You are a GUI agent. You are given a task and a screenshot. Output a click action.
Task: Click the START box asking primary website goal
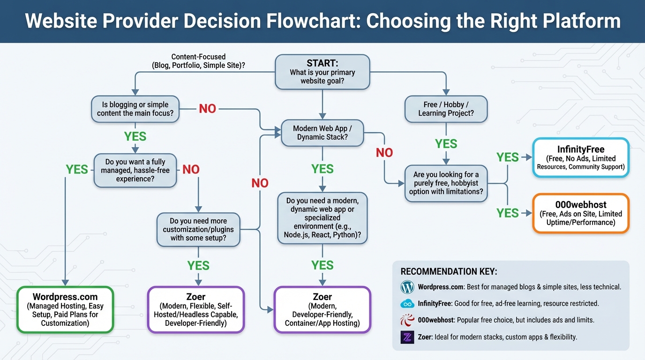coord(322,72)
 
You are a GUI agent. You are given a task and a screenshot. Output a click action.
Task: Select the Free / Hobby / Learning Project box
coord(446,109)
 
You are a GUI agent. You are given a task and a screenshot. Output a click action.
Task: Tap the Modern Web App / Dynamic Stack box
coord(322,133)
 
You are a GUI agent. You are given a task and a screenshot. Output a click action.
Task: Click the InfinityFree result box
coord(580,157)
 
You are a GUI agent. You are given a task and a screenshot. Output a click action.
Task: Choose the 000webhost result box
coord(581,213)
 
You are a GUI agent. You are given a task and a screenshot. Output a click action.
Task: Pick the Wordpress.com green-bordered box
coord(65,309)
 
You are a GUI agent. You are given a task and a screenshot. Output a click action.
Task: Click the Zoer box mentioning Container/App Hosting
coord(322,309)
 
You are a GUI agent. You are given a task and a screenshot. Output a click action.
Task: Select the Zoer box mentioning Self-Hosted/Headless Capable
coord(196,309)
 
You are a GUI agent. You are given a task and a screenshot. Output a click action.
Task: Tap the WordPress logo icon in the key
coord(407,287)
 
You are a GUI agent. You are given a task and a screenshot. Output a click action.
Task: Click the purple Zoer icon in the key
coord(407,337)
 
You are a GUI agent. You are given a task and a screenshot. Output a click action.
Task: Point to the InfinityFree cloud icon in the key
coord(407,304)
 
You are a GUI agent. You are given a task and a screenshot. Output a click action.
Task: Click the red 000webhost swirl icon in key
coord(407,320)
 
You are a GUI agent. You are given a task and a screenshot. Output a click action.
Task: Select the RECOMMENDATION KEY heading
coord(449,272)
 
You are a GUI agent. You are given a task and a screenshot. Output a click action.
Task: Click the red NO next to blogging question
coord(207,109)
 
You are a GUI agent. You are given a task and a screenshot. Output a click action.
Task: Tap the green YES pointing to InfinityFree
coord(508,157)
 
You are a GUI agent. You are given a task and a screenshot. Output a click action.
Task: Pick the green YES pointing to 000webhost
coord(508,213)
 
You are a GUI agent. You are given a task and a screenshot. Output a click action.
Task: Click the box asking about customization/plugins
coord(198,229)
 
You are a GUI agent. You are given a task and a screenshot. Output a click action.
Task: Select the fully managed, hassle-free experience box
coord(135,170)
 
